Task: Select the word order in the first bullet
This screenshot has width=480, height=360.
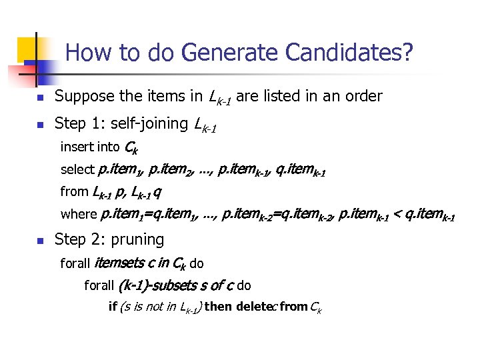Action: point(363,96)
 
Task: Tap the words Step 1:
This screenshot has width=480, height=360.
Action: point(79,123)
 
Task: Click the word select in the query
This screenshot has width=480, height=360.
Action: point(77,169)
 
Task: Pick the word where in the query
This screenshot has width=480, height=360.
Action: point(79,215)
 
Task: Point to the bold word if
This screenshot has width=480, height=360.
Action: point(112,307)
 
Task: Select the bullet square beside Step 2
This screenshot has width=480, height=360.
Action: point(40,240)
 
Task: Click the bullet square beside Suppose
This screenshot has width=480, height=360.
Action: point(40,97)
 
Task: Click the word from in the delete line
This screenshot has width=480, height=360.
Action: point(294,307)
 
